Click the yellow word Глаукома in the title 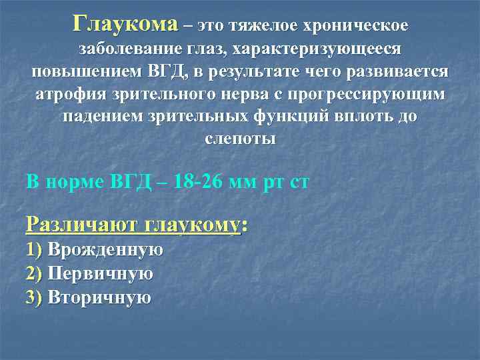[127, 25]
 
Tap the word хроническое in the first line [355, 26]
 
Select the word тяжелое [263, 26]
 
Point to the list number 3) [34, 297]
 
